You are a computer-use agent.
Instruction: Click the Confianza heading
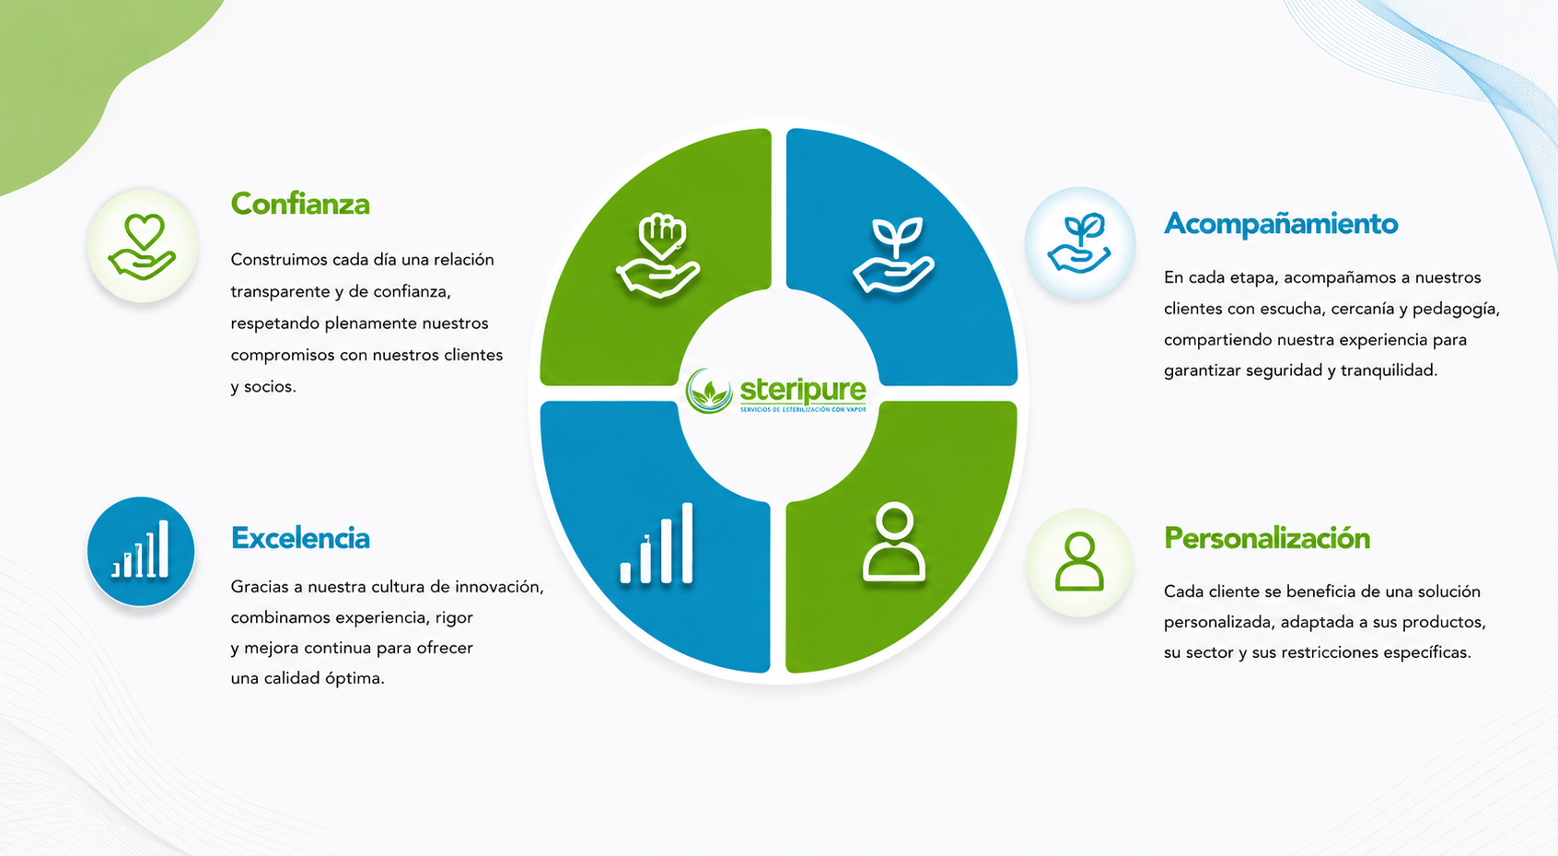click(300, 204)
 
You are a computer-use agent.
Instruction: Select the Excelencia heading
click(300, 538)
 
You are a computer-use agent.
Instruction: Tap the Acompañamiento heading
click(1281, 224)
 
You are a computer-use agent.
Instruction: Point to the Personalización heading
click(1267, 538)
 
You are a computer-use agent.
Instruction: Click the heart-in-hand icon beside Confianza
click(143, 246)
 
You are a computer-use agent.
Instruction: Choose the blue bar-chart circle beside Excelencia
click(141, 550)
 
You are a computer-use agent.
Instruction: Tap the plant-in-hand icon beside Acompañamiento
click(1079, 243)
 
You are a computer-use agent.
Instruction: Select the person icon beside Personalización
click(1079, 562)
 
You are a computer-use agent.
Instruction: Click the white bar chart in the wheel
click(657, 543)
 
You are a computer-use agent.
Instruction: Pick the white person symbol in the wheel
click(894, 542)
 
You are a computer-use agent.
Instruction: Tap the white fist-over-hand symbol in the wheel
click(658, 255)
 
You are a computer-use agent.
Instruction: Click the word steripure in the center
click(803, 389)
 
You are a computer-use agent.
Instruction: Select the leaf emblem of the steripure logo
click(709, 391)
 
